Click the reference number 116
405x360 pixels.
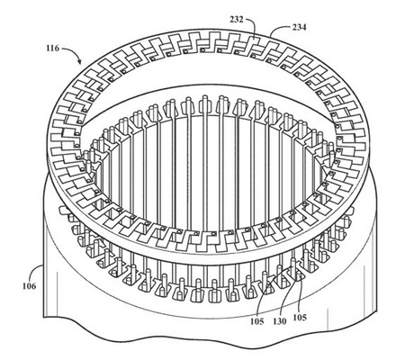pos(52,48)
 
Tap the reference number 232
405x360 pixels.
pos(237,20)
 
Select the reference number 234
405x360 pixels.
pos(299,27)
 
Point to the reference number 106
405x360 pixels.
pos(29,286)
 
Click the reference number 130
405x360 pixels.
pos(279,321)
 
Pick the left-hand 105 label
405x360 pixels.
pos(257,321)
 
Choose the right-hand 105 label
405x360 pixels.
pos(300,317)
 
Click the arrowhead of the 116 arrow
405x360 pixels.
pos(79,61)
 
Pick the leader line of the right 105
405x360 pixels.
pos(300,295)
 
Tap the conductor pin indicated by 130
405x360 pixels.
pos(293,265)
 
